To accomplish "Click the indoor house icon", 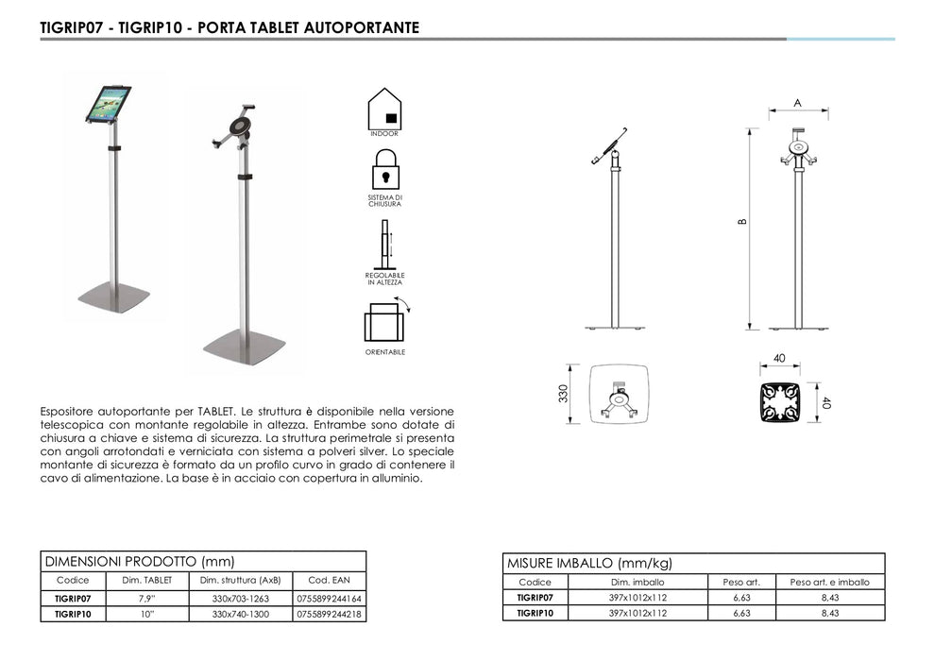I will [384, 108].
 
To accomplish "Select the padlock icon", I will [384, 171].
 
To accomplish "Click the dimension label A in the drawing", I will [797, 102].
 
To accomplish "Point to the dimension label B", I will [743, 223].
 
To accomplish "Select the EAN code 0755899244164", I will [329, 599].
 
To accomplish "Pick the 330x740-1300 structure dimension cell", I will [241, 614].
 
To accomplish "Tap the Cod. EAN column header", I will [329, 580].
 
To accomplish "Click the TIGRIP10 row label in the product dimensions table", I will [73, 614].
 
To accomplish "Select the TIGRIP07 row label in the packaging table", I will [535, 598].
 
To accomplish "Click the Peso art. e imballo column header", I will [829, 582].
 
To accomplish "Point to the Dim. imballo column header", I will [637, 582].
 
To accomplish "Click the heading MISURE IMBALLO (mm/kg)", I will [589, 563].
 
